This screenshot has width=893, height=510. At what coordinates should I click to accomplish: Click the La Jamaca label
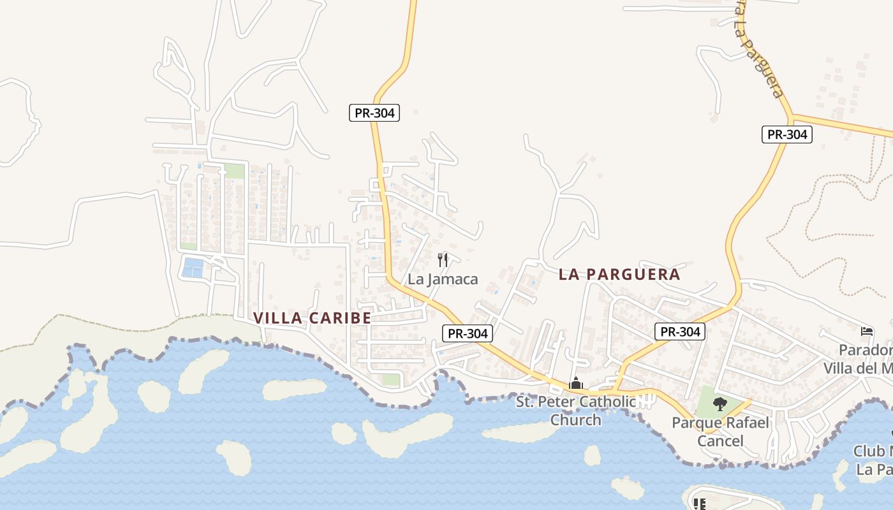click(x=443, y=279)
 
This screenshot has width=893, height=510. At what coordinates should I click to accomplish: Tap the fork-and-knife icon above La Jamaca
click(x=443, y=260)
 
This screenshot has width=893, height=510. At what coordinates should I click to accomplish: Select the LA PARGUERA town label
click(x=619, y=274)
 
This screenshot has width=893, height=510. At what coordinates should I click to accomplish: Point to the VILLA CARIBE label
click(x=312, y=317)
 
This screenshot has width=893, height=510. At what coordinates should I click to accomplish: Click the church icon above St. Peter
click(x=576, y=384)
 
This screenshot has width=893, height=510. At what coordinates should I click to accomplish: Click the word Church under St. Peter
click(x=575, y=420)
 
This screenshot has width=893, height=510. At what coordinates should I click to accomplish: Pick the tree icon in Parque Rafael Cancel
click(x=720, y=404)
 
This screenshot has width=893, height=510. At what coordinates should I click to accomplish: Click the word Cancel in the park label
click(x=720, y=441)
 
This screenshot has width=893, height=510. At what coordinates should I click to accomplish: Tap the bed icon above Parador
click(x=867, y=331)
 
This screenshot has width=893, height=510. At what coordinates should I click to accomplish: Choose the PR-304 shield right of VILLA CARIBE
click(x=468, y=333)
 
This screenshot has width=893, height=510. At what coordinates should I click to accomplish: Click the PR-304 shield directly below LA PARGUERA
click(x=679, y=331)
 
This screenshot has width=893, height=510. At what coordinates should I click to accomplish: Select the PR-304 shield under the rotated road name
click(x=786, y=135)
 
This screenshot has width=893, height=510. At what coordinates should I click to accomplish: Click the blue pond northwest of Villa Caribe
click(x=193, y=267)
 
